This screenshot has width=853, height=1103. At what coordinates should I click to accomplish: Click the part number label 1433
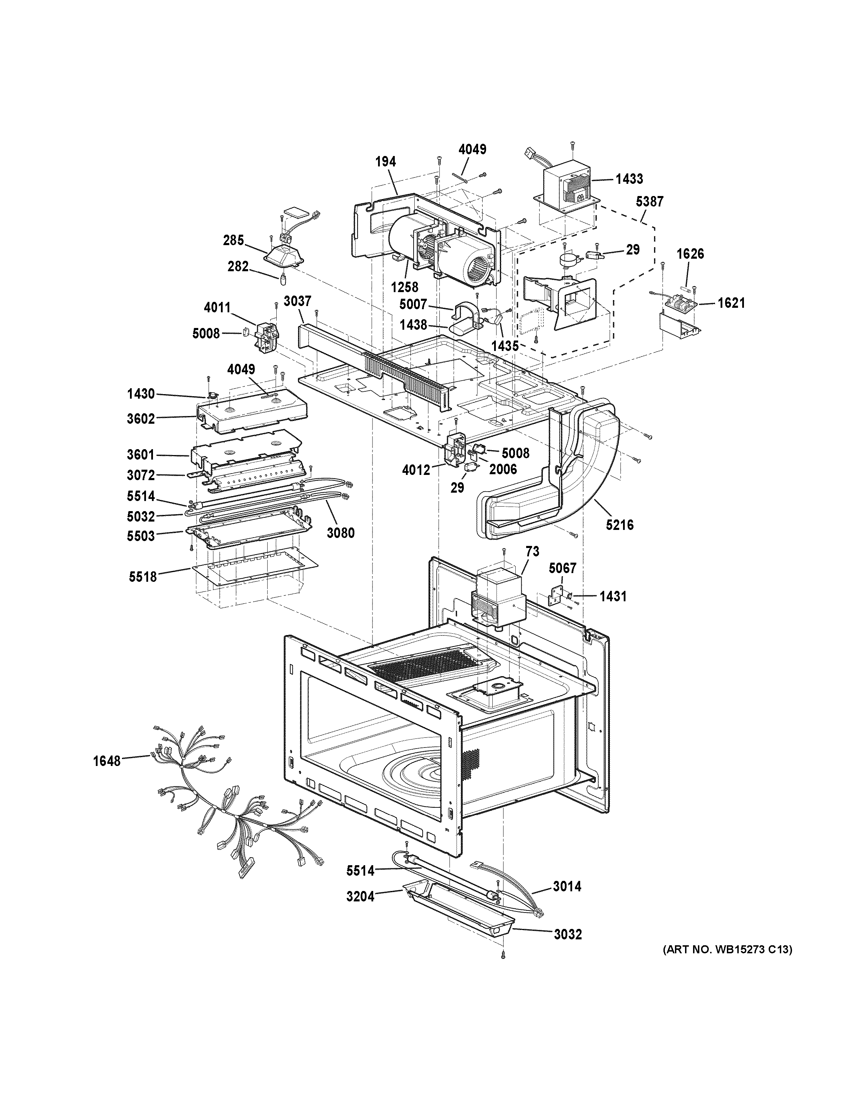click(x=629, y=179)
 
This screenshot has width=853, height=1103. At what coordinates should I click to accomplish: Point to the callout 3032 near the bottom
click(x=568, y=935)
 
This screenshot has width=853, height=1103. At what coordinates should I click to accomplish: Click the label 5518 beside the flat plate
click(x=143, y=576)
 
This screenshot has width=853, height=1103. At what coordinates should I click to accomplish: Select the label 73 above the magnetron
click(x=532, y=551)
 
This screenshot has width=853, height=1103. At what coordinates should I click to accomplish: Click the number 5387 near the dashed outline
click(x=650, y=202)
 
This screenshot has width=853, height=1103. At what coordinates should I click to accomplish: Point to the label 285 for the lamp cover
click(x=233, y=241)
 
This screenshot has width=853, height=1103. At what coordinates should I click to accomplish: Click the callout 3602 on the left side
click(x=141, y=419)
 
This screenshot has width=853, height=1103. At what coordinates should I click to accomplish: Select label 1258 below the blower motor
click(x=404, y=287)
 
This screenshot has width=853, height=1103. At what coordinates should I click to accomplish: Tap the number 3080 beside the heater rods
click(x=340, y=532)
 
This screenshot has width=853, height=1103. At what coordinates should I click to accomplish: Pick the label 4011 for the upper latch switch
click(x=217, y=307)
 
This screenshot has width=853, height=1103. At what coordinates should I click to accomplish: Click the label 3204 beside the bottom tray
click(x=360, y=897)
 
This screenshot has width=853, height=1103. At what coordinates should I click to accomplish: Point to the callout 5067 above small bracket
click(x=562, y=569)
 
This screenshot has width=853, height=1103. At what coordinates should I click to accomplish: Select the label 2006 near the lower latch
click(x=503, y=469)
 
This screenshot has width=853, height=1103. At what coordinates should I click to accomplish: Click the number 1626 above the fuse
click(x=690, y=253)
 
